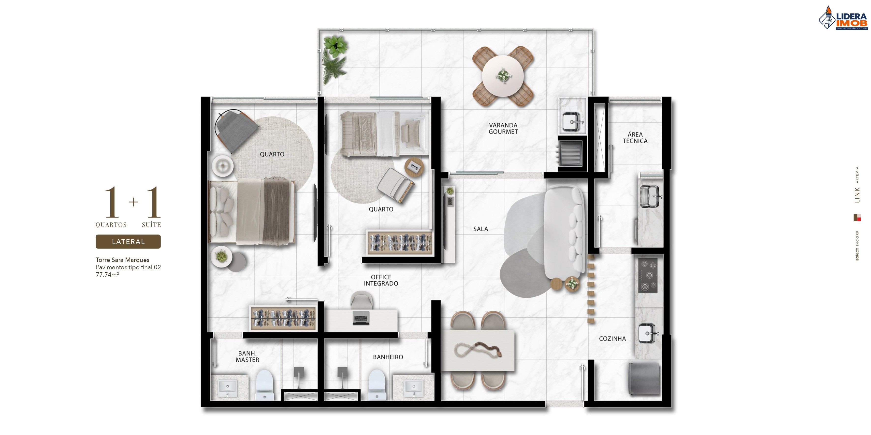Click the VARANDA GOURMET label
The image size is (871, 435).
coord(503,128)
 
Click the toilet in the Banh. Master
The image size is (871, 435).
coord(264,385)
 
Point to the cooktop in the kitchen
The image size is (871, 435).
coord(648,275)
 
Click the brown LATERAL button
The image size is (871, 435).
coord(128,242)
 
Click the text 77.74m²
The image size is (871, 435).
coord(107,275)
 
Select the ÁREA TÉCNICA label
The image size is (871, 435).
coord(635,137)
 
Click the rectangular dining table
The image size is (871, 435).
coord(478,351)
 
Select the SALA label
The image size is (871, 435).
coord(480,229)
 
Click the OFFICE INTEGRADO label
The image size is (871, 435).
coord(381,280)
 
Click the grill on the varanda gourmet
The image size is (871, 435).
coord(570,154)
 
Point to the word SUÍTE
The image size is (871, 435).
coord(151,225)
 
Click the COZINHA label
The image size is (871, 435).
coord(612,339)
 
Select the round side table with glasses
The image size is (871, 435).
coord(414,167)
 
